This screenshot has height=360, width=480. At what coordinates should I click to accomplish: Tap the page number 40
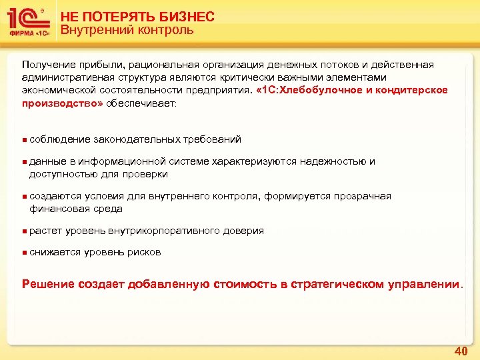point(460,351)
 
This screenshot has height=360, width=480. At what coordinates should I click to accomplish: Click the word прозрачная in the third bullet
point(359,196)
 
